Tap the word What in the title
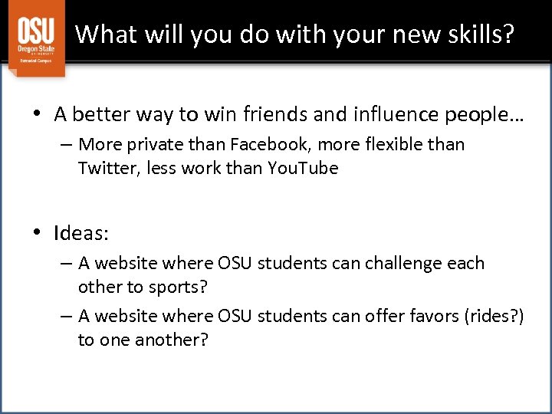coord(104,34)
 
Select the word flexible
coord(402,144)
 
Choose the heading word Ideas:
coord(80,232)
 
